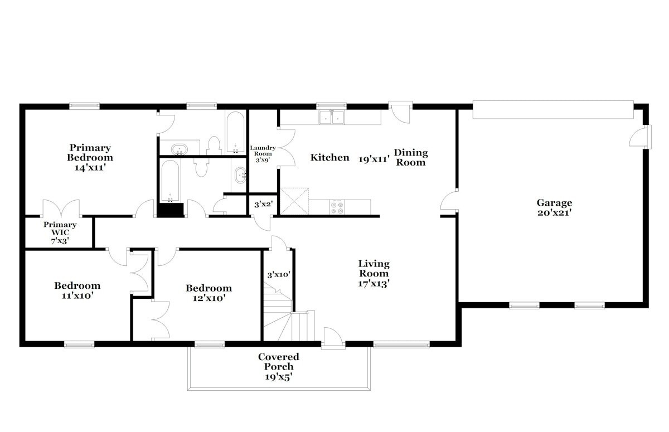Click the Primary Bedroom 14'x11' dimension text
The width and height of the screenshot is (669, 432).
click(x=90, y=167)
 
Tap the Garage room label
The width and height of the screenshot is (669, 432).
click(x=554, y=203)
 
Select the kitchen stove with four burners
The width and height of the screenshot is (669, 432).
click(x=337, y=207)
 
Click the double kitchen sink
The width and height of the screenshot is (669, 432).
click(x=332, y=117)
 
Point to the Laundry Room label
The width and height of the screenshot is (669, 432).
click(x=263, y=151)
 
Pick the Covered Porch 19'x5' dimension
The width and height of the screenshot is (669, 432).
click(x=278, y=377)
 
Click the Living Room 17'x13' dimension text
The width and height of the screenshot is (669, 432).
click(x=374, y=283)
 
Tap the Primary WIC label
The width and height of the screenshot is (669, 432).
click(x=60, y=229)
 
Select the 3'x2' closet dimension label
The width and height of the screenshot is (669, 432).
click(x=263, y=205)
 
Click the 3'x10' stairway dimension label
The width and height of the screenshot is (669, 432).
click(x=279, y=274)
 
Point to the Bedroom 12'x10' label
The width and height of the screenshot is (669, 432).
click(x=209, y=293)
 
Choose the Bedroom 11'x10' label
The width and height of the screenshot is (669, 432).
click(x=77, y=290)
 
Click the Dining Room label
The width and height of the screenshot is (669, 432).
click(x=411, y=157)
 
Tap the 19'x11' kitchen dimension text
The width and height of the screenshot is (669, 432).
click(x=374, y=159)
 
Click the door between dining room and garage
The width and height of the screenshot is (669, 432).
click(x=449, y=201)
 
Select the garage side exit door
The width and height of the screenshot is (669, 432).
click(x=640, y=137)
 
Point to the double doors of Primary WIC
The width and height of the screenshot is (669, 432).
click(x=61, y=208)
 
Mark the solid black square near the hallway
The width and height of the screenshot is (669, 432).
click(x=170, y=210)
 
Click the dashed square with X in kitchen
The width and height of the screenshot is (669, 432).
click(x=294, y=201)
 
